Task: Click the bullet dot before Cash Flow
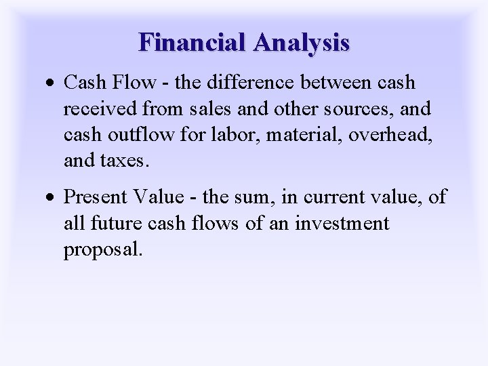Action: coord(54,83)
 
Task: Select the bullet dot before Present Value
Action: coord(54,198)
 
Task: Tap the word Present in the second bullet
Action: coord(98,197)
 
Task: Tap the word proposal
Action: coord(103,249)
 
